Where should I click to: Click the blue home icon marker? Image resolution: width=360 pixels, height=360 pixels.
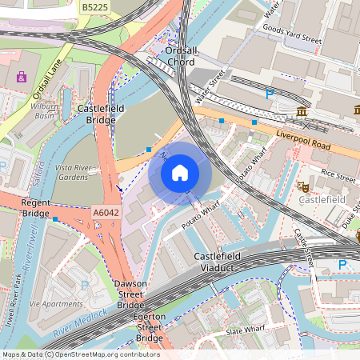click(x=180, y=172)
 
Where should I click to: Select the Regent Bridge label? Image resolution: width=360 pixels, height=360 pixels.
click(x=36, y=208)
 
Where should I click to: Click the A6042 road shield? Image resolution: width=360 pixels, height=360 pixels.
click(x=106, y=213)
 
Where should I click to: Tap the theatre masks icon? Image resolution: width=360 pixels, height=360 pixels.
click(x=302, y=186)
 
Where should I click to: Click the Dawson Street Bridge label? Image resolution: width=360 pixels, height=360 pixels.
click(x=130, y=294)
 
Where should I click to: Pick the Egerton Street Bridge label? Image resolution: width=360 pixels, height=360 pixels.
click(x=150, y=327)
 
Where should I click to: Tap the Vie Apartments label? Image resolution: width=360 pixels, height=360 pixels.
click(x=57, y=304)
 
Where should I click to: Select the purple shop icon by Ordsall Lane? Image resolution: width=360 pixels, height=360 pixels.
click(x=21, y=78)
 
